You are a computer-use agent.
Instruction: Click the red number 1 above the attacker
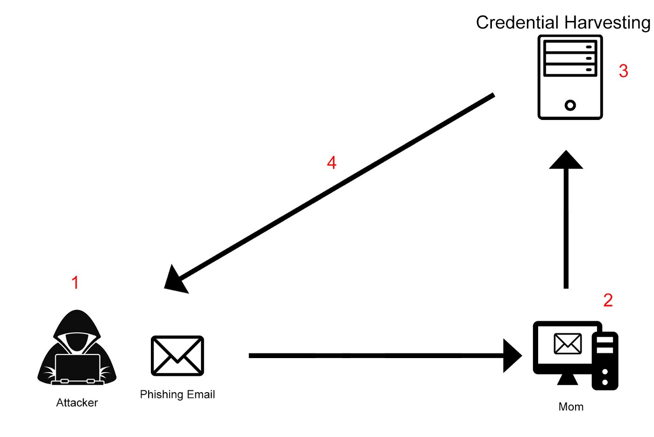pyautogui.click(x=75, y=282)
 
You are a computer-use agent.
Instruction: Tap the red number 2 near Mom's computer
pyautogui.click(x=608, y=300)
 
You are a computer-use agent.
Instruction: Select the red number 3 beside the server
pyautogui.click(x=623, y=71)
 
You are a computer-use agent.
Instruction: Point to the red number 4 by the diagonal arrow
pyautogui.click(x=332, y=163)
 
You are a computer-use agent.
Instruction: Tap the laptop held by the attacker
pyautogui.click(x=78, y=369)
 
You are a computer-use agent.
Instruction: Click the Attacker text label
pyautogui.click(x=77, y=402)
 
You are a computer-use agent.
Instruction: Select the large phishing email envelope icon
pyautogui.click(x=178, y=356)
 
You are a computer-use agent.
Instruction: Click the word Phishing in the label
pyautogui.click(x=161, y=395)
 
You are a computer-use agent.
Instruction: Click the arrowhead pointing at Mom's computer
pyautogui.click(x=512, y=356)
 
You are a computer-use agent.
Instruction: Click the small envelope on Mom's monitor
pyautogui.click(x=568, y=344)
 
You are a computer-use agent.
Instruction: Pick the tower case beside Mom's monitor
pyautogui.click(x=605, y=360)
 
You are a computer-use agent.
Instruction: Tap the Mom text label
pyautogui.click(x=571, y=407)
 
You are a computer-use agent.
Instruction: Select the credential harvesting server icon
pyautogui.click(x=570, y=77)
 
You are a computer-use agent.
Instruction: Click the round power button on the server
pyautogui.click(x=570, y=105)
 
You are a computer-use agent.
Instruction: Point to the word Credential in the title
pyautogui.click(x=517, y=22)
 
